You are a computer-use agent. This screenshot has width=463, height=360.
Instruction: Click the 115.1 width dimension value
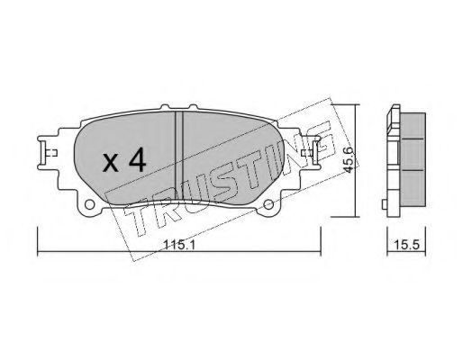tap(179, 246)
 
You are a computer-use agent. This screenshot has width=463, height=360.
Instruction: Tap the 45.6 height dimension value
tap(348, 159)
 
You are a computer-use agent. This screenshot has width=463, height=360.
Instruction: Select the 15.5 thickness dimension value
tap(406, 245)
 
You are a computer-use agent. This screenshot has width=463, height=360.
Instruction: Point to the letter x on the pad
tap(110, 164)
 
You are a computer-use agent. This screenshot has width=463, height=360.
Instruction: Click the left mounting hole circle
tap(89, 204)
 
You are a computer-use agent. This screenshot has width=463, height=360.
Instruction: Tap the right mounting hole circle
tap(268, 204)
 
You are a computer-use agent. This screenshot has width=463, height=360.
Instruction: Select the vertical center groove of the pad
tap(179, 156)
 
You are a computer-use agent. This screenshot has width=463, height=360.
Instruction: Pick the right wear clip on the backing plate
tap(311, 152)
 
